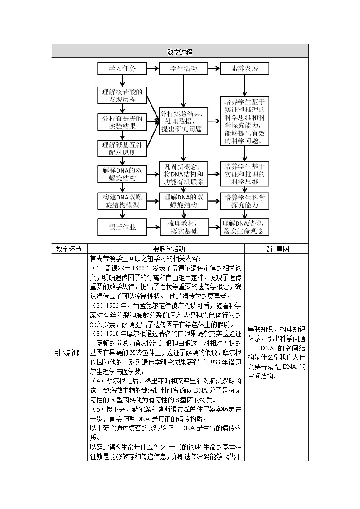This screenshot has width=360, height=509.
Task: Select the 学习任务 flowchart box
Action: click(122, 69)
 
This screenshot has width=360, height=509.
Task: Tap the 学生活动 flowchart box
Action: click(184, 69)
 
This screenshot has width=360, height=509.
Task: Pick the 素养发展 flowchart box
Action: click(245, 69)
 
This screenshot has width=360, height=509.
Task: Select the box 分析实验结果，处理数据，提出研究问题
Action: click(184, 121)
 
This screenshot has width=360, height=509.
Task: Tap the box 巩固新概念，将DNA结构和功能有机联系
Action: click(184, 175)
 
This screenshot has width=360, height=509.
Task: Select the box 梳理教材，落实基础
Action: click(184, 228)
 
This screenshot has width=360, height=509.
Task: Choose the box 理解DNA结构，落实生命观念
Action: click(245, 228)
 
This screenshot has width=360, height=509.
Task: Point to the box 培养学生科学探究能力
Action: click(245, 201)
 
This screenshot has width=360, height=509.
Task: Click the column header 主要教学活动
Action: click(166, 249)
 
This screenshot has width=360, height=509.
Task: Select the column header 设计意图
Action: click(277, 249)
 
